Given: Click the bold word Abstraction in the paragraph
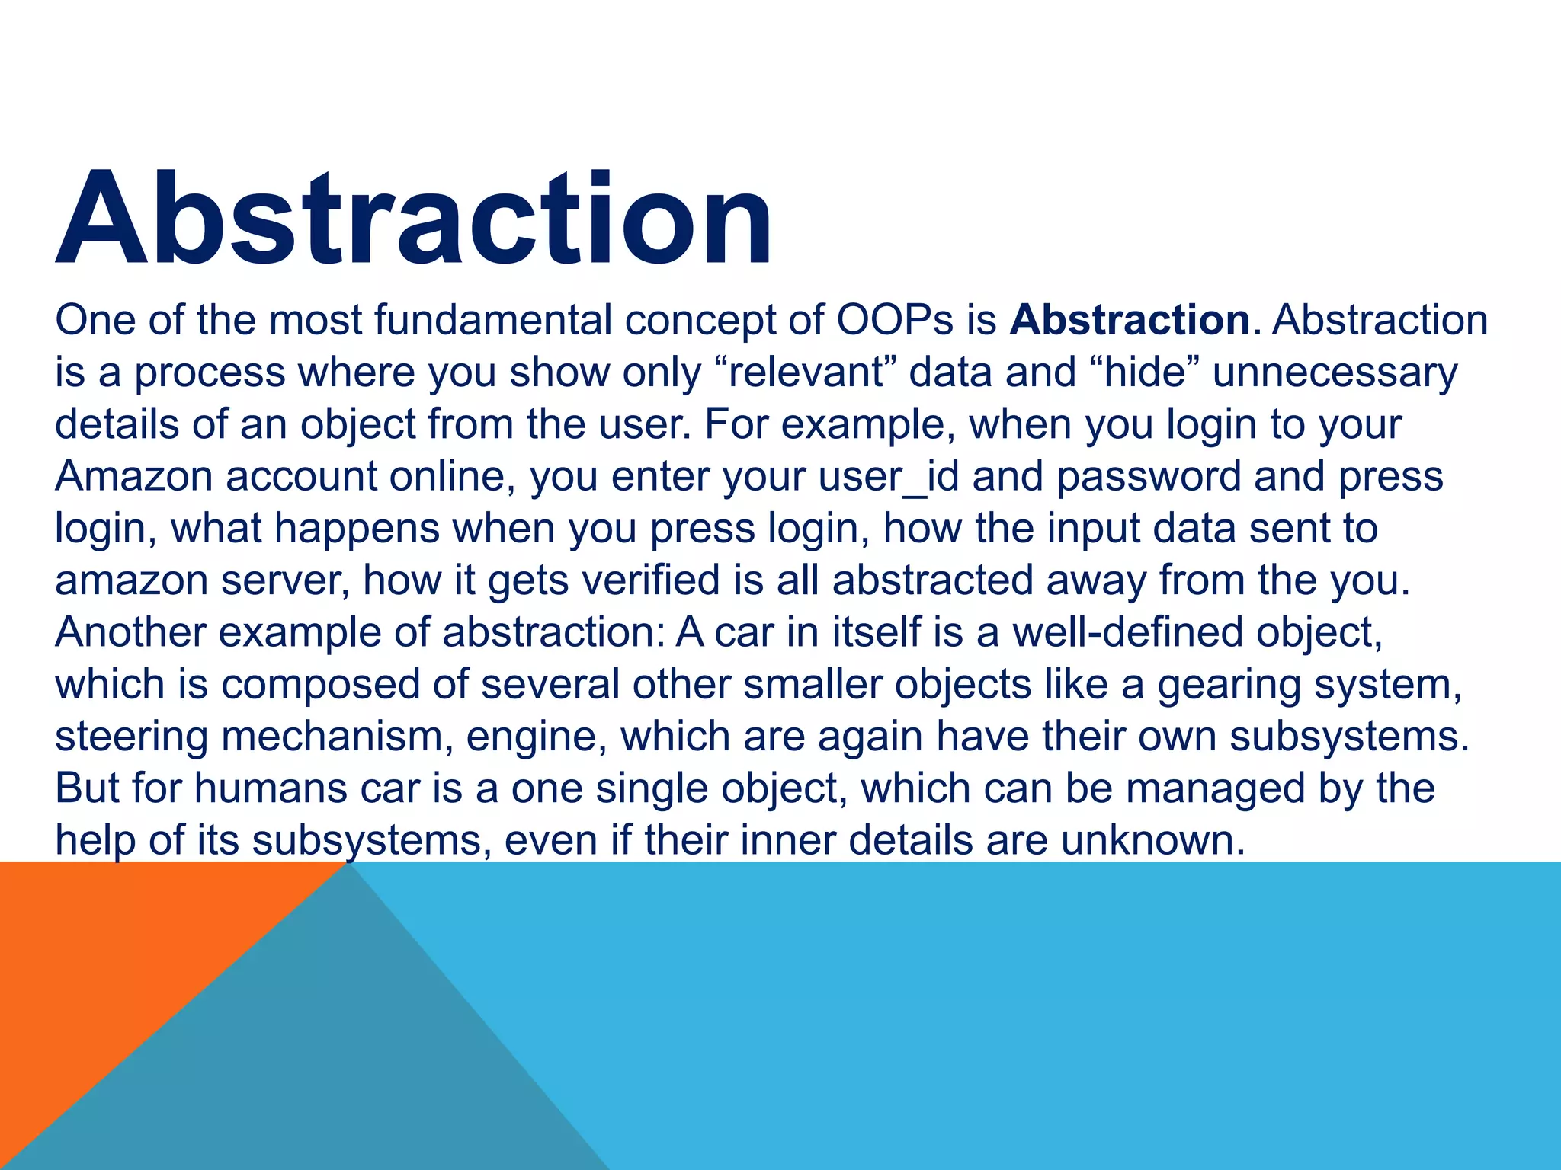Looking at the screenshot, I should click(x=1130, y=320).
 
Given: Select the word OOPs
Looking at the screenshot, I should click(x=895, y=320).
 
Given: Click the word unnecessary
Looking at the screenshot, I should click(x=1335, y=372).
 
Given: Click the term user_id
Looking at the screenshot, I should click(x=889, y=476).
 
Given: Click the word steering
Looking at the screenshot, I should click(x=131, y=737).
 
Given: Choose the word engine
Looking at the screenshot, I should click(x=530, y=737).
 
